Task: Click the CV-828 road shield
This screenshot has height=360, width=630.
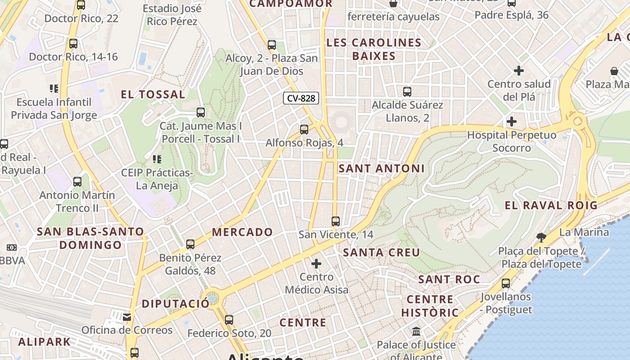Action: tap(301, 98)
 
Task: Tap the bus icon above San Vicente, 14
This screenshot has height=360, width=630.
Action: tap(335, 221)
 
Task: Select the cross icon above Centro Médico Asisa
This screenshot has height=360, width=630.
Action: tap(316, 263)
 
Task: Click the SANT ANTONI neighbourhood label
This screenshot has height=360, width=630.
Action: tap(382, 168)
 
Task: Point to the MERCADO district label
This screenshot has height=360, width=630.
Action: tap(243, 232)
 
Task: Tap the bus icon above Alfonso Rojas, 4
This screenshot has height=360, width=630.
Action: tap(304, 130)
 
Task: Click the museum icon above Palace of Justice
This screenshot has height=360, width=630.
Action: tap(416, 332)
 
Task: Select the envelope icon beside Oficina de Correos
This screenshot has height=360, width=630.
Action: tap(127, 317)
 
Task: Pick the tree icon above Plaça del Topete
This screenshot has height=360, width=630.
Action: tap(541, 237)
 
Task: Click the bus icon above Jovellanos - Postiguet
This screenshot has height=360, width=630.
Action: tap(506, 283)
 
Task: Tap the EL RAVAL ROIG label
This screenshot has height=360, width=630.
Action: tap(551, 206)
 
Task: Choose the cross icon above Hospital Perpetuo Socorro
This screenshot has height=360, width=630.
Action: tap(511, 121)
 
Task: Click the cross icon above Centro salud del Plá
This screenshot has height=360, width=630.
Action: tap(519, 71)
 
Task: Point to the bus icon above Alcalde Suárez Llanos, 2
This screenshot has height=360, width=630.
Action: tap(407, 92)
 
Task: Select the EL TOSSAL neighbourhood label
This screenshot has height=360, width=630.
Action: tap(153, 94)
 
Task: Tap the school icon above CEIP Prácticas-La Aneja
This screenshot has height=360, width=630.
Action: tap(157, 159)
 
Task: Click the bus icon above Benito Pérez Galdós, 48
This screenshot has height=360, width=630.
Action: tap(190, 244)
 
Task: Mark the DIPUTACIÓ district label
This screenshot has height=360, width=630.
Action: tap(175, 304)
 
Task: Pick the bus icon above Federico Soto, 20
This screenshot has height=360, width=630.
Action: tap(229, 320)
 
